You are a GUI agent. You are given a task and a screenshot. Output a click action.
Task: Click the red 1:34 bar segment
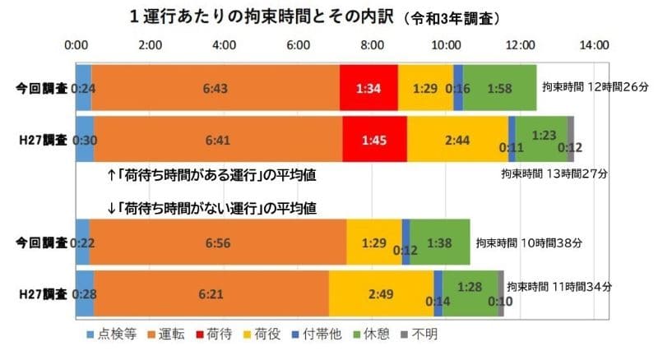tap(368, 86)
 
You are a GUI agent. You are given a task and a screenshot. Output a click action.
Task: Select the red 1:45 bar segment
tap(374, 140)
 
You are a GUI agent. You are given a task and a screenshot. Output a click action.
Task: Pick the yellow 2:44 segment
tap(457, 140)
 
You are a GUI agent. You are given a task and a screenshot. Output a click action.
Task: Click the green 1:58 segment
tap(499, 86)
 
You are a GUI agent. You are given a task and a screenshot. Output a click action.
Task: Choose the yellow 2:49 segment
tap(381, 293)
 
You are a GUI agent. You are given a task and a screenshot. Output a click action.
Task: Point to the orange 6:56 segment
tap(218, 242)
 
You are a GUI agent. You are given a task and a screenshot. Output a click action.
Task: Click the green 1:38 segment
tap(439, 242)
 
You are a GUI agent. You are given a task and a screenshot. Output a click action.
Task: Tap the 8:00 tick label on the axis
tap(373, 44)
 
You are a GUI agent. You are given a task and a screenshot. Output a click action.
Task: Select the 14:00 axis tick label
tap(594, 44)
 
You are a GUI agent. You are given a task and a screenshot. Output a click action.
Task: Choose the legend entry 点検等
tap(110, 335)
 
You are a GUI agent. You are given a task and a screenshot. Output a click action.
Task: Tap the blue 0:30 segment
tap(85, 140)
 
